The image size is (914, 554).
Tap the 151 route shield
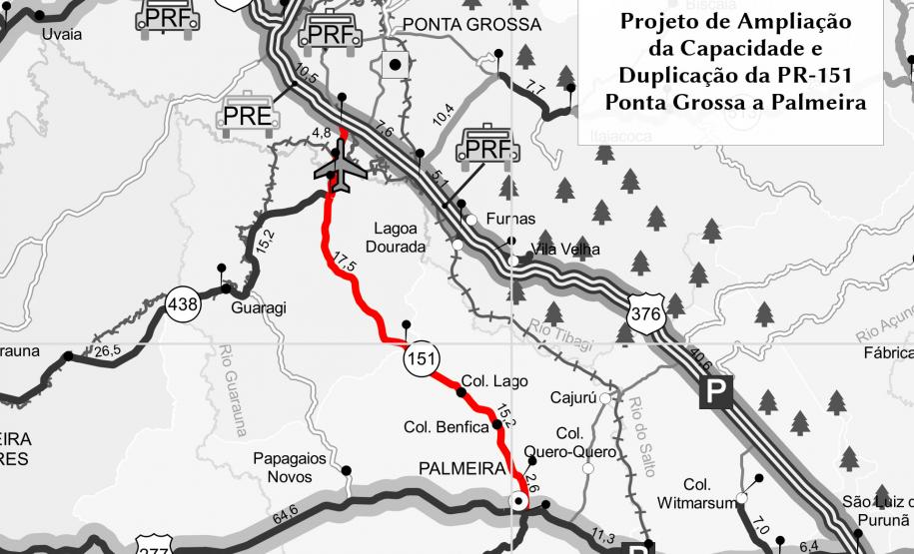pyautogui.click(x=420, y=360)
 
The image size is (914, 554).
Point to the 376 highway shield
pyautogui.click(x=644, y=315)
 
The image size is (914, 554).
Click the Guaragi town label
pyautogui.click(x=259, y=308)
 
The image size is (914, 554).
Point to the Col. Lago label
pyautogui.click(x=494, y=381)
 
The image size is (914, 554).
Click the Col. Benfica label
pyautogui.click(x=447, y=427)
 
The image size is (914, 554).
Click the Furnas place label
pyautogui.click(x=510, y=219)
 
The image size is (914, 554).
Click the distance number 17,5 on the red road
pyautogui.click(x=344, y=265)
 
